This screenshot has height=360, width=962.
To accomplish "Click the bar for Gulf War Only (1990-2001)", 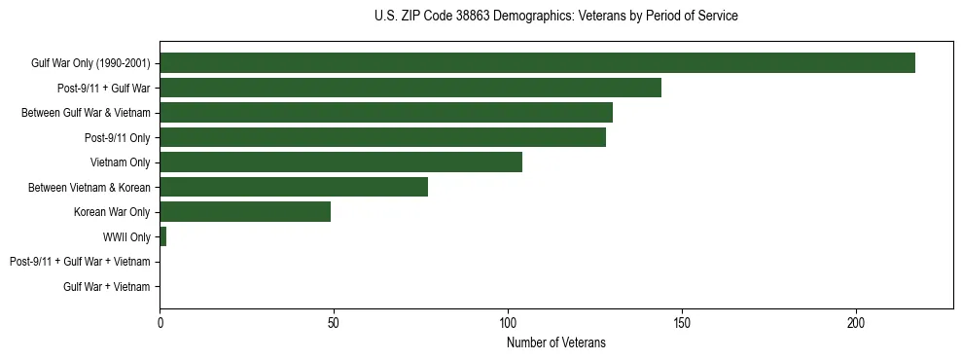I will coord(537,63).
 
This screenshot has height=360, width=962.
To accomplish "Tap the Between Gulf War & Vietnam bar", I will coord(386,113).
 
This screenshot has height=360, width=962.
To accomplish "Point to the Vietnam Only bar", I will coord(340,162).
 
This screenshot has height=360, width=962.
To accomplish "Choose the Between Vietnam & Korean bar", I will coord(294,187).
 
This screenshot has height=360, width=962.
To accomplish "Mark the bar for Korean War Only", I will coord(245,212).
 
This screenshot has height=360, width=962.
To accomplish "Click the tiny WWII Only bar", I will coord(162,236).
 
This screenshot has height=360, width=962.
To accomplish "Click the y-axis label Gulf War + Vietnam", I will coord(106,287).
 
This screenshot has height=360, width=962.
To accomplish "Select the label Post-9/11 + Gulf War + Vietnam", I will coord(80,262).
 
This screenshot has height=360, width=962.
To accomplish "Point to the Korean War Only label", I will coord(112,212).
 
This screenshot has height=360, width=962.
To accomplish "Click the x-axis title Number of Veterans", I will coord(555,342).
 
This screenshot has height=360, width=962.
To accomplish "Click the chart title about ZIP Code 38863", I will coord(555,17).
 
